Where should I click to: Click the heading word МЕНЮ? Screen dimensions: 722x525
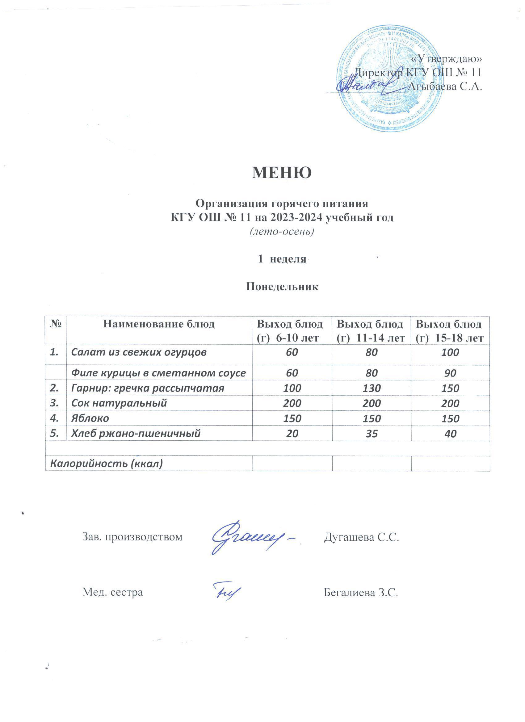(x=282, y=173)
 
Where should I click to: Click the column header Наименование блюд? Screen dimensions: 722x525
(x=159, y=324)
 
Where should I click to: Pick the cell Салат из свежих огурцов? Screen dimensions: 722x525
(x=139, y=352)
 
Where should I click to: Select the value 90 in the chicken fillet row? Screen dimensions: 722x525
(x=450, y=373)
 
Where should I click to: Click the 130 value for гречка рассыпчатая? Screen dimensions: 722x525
(x=371, y=388)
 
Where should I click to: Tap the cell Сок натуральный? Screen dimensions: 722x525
(x=119, y=403)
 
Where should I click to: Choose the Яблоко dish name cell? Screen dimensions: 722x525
(x=90, y=418)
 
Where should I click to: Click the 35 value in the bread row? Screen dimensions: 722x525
(x=371, y=433)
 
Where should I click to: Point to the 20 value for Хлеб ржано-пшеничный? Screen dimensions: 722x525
(x=292, y=433)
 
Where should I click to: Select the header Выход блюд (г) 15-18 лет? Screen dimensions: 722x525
(x=450, y=331)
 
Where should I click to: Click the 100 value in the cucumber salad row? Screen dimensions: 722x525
(x=450, y=352)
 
